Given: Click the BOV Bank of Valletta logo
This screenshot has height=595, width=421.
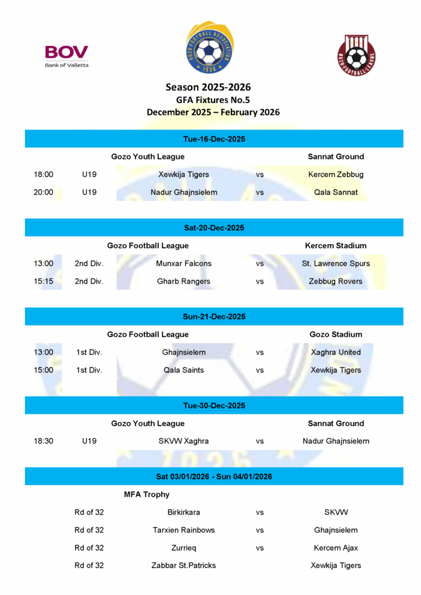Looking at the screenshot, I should click(x=66, y=56).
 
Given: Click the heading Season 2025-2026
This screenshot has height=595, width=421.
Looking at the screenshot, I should click(x=208, y=87).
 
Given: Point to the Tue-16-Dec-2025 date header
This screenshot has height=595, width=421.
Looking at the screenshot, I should click(x=213, y=139).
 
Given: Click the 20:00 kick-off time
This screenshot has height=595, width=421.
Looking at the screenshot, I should click(x=43, y=192).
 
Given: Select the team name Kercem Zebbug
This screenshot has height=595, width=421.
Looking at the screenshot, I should click(x=336, y=174).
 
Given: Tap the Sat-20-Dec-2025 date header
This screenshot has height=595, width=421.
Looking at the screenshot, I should click(x=213, y=228).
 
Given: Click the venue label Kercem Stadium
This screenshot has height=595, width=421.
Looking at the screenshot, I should click(x=336, y=246).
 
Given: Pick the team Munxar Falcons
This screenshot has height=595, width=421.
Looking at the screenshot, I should click(x=184, y=263).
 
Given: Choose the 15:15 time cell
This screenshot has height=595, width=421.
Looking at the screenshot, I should click(x=43, y=281).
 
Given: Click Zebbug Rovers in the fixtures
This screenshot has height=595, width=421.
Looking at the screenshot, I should click(x=336, y=281).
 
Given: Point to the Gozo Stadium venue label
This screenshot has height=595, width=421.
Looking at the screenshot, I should click(x=336, y=335).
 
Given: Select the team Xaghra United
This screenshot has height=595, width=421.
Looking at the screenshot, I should click(x=336, y=352).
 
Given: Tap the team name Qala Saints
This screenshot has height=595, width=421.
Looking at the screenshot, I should click(x=184, y=370).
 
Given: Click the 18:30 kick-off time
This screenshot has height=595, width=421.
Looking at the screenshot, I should click(x=43, y=441).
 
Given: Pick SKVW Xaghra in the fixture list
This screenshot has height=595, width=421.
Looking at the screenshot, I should click(x=184, y=441).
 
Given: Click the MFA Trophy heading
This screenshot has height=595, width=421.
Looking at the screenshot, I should click(x=147, y=494).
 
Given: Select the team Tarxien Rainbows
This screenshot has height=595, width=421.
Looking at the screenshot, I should click(x=184, y=530).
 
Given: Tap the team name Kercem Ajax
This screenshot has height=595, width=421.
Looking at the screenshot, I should click(x=336, y=548).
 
